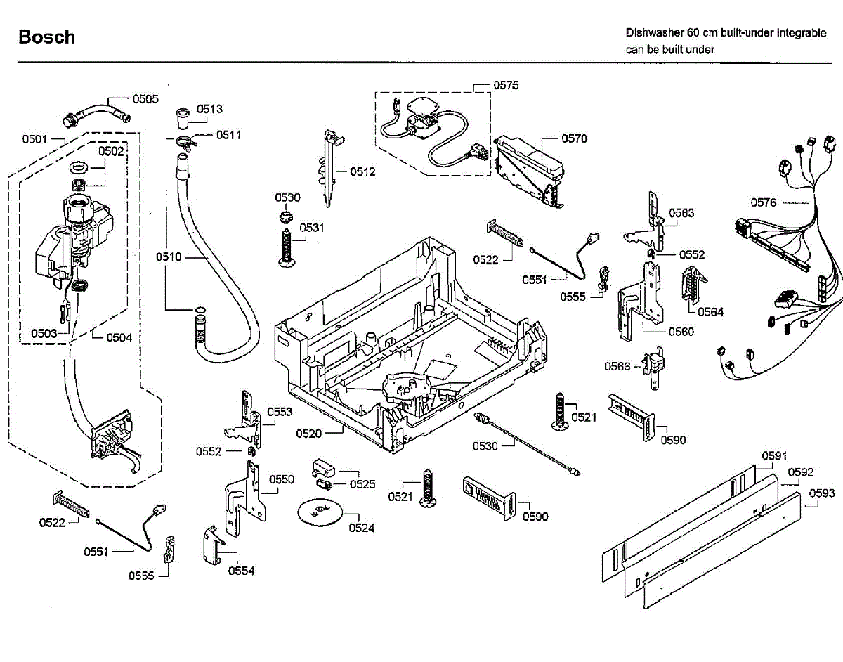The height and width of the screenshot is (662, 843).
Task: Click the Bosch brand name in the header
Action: [x=46, y=37]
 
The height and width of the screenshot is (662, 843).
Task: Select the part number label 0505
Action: [x=145, y=99]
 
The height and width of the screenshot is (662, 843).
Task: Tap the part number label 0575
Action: [x=506, y=85]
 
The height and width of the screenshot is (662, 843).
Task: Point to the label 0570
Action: [x=574, y=138]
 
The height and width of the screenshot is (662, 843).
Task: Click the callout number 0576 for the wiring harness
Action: [x=764, y=202]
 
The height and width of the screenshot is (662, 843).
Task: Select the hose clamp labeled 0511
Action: [x=185, y=141]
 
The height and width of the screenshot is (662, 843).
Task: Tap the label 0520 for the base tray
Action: [x=308, y=434]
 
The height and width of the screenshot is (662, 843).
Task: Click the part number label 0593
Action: [x=822, y=493]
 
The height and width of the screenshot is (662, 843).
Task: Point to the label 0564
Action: [x=710, y=312]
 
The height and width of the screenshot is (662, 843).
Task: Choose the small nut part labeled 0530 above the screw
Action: [x=286, y=214]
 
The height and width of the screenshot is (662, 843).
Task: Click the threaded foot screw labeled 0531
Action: [x=287, y=246]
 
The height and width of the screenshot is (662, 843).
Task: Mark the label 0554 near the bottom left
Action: [x=241, y=571]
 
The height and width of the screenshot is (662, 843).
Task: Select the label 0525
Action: [x=362, y=484]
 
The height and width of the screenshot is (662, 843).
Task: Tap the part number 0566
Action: [x=618, y=365]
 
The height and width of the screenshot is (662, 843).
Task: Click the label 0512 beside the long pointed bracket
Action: [x=362, y=171]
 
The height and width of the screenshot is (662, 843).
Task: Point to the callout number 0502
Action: [x=111, y=151]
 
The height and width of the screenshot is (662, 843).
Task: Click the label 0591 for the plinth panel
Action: [x=774, y=456]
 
